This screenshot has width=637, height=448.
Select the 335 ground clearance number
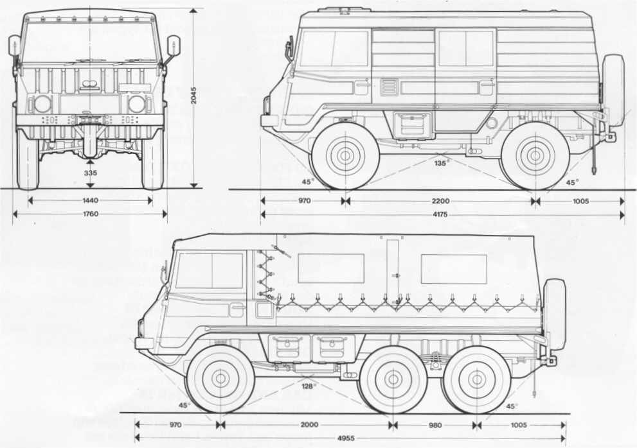(90, 173)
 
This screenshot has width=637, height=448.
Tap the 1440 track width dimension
(90, 200)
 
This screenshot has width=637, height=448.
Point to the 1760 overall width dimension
(90, 214)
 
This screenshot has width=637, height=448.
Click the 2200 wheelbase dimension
(441, 201)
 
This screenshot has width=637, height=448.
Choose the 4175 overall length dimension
(441, 215)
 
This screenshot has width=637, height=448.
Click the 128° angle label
(309, 386)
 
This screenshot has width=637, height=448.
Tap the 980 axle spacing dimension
(435, 424)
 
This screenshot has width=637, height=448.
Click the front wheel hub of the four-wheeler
(345, 155)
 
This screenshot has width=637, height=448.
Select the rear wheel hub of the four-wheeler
(535, 155)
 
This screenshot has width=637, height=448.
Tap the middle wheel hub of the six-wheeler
(393, 379)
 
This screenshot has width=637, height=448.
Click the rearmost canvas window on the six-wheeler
(453, 269)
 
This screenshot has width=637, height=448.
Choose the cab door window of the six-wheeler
(210, 270)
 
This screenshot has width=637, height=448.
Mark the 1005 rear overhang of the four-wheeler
(581, 201)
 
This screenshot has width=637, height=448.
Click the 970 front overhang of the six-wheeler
(176, 424)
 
